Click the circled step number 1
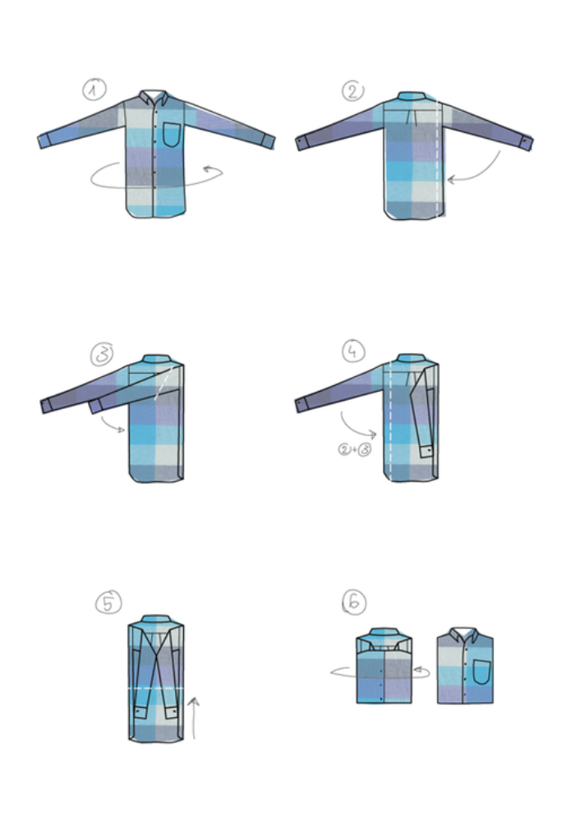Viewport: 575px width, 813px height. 94,90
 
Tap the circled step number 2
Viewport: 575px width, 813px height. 352,91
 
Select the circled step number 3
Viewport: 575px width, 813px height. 102,355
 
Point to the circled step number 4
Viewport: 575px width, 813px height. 353,351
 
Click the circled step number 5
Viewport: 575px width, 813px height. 108,603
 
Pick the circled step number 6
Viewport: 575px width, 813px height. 354,603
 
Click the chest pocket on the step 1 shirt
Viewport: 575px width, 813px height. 173,135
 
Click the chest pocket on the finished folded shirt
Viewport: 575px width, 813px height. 481,672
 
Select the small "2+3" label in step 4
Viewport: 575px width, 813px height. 355,449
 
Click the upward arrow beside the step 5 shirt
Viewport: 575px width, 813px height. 193,718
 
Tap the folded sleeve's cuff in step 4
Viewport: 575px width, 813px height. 426,452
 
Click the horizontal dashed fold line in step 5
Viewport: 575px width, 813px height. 155,688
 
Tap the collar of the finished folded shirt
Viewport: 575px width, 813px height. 464,635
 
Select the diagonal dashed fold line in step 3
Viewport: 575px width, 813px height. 163,384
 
